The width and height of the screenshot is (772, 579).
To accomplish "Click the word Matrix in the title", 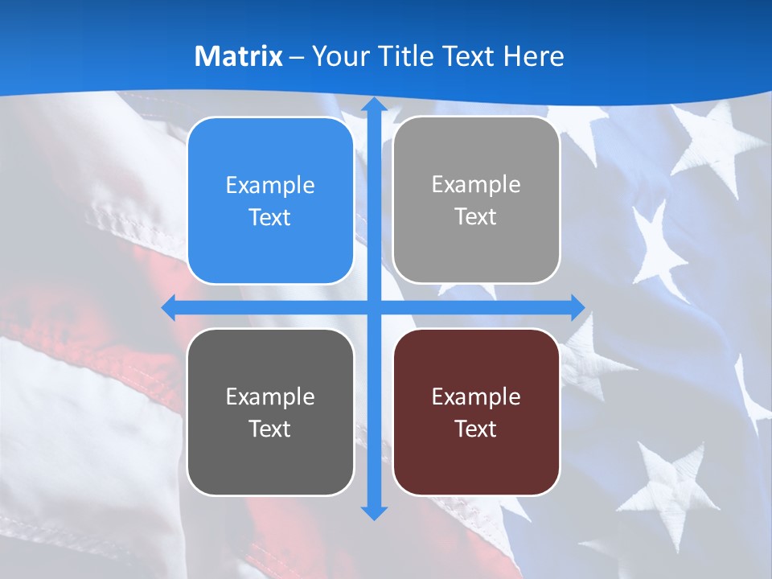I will tap(238, 56).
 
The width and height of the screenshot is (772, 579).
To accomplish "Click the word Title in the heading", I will tap(408, 56).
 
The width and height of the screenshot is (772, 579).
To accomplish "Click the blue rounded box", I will tap(270, 201).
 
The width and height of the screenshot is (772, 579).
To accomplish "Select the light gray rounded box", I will tap(476, 200).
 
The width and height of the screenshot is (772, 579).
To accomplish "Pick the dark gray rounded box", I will tap(270, 413).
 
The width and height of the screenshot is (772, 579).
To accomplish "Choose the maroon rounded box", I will tap(476, 413).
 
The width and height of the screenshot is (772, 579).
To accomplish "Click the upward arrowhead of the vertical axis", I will tap(373, 105).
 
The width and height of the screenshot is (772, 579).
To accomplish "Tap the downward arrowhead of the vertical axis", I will tap(373, 512).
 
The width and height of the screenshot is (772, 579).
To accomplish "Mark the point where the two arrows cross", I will tap(373, 307).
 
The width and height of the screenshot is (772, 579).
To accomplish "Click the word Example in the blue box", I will tap(270, 185).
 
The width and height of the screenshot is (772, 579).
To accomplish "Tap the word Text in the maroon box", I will tap(476, 429).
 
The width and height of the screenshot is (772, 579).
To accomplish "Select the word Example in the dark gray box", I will tap(270, 396).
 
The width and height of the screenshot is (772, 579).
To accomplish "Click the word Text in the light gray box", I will tap(476, 216).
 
